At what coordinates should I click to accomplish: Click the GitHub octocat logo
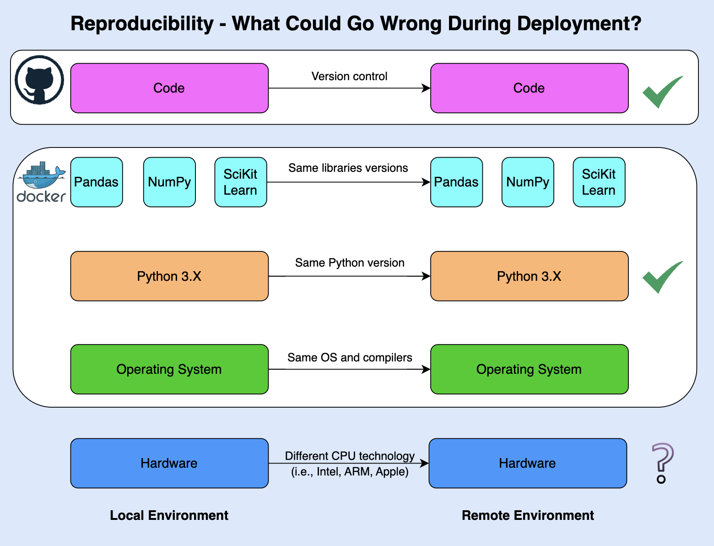[39, 80]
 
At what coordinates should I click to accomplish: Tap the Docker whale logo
[41, 182]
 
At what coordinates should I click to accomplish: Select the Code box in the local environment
[169, 88]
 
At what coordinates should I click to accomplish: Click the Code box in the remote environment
[529, 88]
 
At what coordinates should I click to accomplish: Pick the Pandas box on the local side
[97, 182]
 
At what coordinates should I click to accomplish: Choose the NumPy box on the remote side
[528, 182]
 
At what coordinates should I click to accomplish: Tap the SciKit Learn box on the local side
[241, 182]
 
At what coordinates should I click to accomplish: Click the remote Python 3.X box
[529, 276]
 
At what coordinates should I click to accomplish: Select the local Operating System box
[169, 369]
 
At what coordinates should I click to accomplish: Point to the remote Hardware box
[527, 463]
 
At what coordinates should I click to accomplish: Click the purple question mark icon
[662, 463]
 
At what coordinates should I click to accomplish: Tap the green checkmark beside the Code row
[662, 92]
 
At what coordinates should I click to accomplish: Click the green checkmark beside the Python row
[662, 277]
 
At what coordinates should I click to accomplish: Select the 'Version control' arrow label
[349, 76]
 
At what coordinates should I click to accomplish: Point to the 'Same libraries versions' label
[348, 168]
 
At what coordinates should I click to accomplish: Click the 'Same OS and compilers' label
[350, 358]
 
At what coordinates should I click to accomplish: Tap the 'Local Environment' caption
[169, 515]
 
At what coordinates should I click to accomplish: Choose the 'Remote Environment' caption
[528, 515]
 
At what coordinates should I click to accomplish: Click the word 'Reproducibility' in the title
[142, 24]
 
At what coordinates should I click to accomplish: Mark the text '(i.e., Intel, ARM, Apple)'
[350, 472]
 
